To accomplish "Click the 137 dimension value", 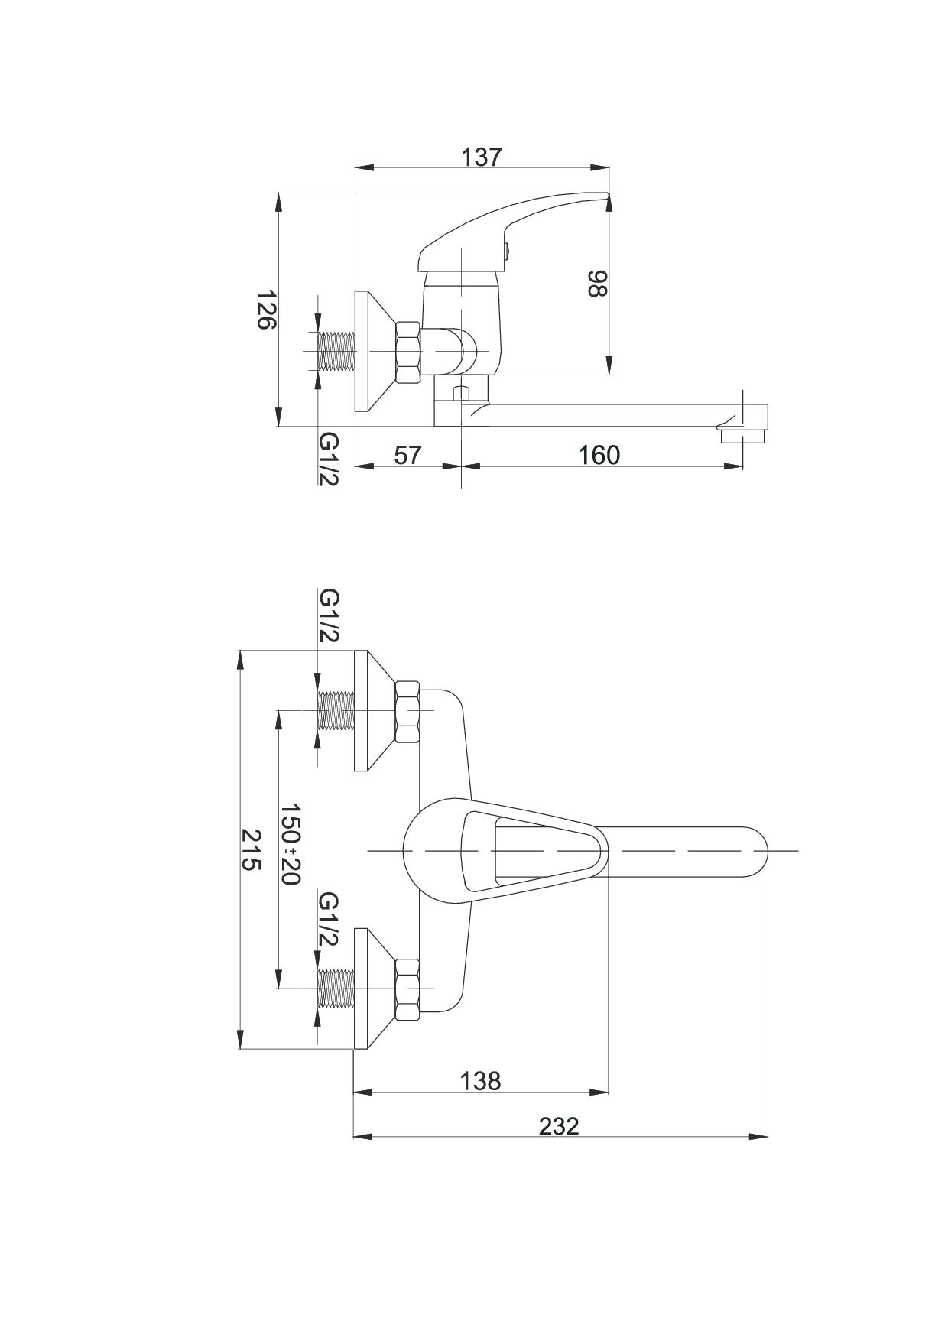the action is pos(482,157).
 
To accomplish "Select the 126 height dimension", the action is pos(265,310).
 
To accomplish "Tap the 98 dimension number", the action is pos(596,284).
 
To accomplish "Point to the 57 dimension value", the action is pos(407,454).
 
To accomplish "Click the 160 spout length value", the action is pos(599,454).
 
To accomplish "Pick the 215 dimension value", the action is pos(252,849).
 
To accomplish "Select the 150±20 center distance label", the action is pos(291,843).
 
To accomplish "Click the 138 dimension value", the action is pos(480,1081).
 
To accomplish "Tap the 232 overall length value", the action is pos(559,1126).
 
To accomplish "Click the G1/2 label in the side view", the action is pos(329,458).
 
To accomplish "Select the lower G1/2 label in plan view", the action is pos(329,918).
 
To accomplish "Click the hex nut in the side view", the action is pos(408,352).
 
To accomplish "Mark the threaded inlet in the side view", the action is pos(337,352).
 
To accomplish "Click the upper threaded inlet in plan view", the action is pos(337,711).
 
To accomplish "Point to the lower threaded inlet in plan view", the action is pos(337,988).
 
